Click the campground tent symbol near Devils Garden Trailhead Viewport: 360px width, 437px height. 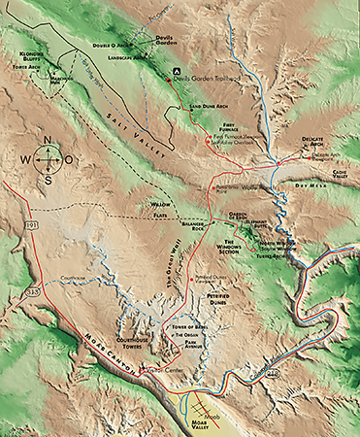coord(176,72)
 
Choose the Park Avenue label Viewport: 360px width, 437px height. coord(196,347)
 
